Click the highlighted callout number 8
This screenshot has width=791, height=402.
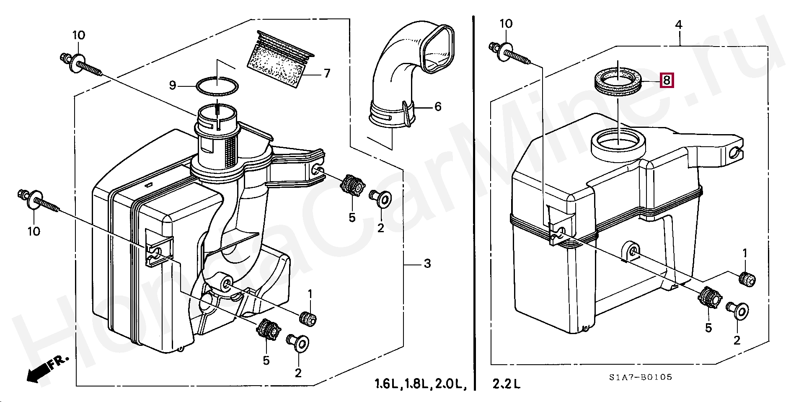point(667,80)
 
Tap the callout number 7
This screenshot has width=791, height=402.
point(327,73)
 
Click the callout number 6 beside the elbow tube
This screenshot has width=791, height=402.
point(438,106)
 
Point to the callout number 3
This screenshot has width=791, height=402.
point(427,264)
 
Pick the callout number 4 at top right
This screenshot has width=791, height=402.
point(679,25)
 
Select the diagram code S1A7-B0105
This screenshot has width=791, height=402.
point(641,377)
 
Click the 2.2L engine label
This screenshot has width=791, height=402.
point(507,384)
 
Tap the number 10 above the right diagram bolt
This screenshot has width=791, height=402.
point(506,24)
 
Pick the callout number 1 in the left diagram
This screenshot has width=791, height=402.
point(310,294)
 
